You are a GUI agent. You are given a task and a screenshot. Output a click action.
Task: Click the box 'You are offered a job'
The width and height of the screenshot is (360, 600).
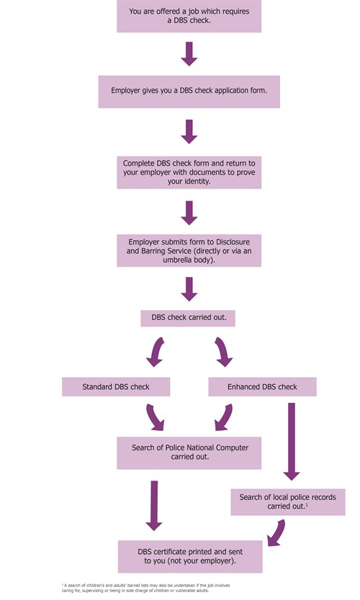tap(189, 17)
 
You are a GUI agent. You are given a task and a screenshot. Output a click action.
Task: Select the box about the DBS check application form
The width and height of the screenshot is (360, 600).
tap(189, 92)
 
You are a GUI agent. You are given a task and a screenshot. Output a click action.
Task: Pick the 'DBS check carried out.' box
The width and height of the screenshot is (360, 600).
tap(189, 317)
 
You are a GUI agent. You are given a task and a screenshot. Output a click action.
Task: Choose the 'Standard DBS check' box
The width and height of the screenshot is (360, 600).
tap(115, 387)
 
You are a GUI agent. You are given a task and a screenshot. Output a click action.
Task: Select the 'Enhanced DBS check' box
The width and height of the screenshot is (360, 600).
tap(262, 387)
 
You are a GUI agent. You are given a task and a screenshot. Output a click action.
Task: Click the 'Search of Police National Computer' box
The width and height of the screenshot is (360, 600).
tap(189, 452)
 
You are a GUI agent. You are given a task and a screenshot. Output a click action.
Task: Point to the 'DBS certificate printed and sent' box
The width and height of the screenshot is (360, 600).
tap(189, 556)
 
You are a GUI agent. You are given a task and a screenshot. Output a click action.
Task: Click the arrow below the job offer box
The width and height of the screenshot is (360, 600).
tap(189, 54)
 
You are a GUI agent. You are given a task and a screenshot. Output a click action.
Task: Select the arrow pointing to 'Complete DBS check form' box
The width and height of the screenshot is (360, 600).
tap(189, 131)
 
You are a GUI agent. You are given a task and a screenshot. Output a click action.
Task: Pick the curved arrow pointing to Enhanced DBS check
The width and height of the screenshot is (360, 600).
tap(222, 353)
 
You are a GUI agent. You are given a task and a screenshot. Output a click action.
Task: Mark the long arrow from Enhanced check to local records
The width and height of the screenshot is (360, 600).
tap(291, 441)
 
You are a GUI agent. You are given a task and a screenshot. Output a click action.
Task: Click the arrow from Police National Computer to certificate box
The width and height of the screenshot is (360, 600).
tap(153, 506)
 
